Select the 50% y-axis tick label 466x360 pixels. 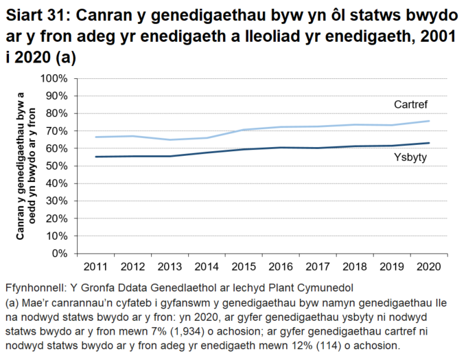(x=57, y=166)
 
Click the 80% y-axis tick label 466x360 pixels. (x=57, y=113)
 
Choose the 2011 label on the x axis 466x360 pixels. (x=95, y=266)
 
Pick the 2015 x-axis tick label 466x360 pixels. (x=243, y=266)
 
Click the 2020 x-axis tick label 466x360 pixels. (x=428, y=266)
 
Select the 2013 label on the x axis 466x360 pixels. (x=169, y=266)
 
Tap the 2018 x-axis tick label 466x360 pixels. (x=354, y=266)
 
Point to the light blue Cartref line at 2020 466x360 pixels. (x=428, y=121)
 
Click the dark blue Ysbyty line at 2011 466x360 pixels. (x=95, y=157)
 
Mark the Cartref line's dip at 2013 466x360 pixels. (x=170, y=139)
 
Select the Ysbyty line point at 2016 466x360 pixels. (x=281, y=147)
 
